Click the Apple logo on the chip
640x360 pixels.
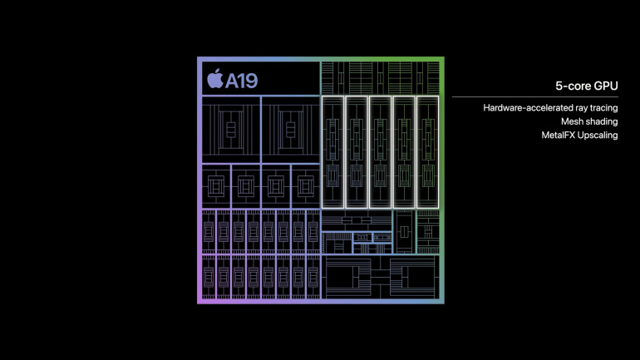click(214, 78)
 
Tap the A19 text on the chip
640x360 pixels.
click(242, 81)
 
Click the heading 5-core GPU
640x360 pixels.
click(587, 86)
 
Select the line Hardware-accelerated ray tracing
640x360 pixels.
click(550, 108)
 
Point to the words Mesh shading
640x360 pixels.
click(589, 121)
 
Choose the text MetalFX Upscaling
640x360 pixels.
click(579, 135)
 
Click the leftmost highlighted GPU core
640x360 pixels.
click(332, 152)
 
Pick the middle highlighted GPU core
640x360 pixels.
click(380, 152)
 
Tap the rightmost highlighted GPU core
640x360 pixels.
click(427, 152)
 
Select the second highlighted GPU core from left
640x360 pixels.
click(357, 152)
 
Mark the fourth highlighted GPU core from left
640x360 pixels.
click(404, 152)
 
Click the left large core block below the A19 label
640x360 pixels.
click(231, 130)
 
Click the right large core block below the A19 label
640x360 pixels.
click(291, 130)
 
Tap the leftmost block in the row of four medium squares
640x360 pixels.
click(216, 186)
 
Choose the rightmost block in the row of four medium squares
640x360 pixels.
click(306, 186)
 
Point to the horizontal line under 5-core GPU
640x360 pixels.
click(535, 97)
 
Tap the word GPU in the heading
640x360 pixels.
click(606, 86)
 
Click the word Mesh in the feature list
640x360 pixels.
click(570, 121)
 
